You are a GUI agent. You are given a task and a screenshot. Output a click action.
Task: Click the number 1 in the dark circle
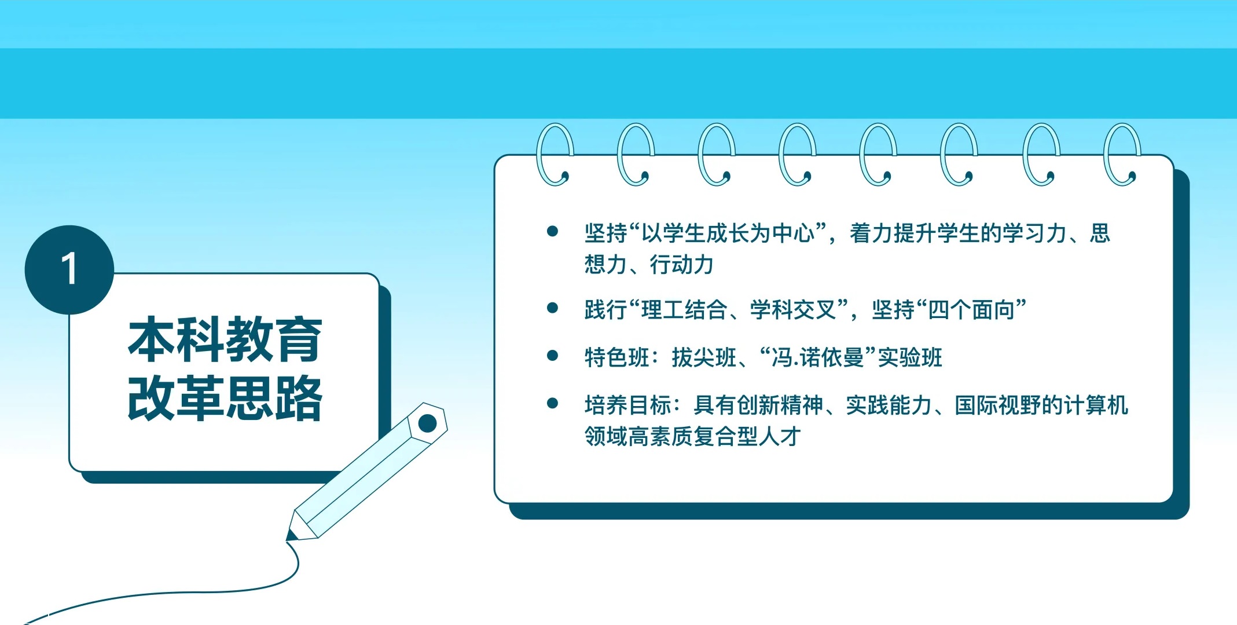pos(69,269)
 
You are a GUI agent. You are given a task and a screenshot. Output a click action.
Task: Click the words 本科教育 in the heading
pos(225,339)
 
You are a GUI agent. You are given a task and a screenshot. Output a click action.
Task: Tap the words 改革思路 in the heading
pos(225,398)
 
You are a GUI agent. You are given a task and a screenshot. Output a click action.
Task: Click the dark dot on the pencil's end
pos(427,423)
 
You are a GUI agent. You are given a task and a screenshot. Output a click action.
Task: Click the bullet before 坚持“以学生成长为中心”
pos(552,232)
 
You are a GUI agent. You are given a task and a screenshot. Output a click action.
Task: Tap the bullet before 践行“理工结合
pos(552,308)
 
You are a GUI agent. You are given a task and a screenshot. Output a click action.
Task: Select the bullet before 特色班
pos(552,356)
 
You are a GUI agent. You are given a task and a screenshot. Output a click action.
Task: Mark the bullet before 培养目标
pos(552,403)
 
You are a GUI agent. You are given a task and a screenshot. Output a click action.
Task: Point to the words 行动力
pos(681,265)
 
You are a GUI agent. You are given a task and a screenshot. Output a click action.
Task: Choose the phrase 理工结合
pos(684,310)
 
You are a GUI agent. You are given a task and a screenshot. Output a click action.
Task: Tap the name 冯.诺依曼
pos(818,357)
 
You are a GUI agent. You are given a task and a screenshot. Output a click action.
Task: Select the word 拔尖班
pos(704,357)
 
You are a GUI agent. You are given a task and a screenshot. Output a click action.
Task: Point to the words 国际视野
pos(998,405)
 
